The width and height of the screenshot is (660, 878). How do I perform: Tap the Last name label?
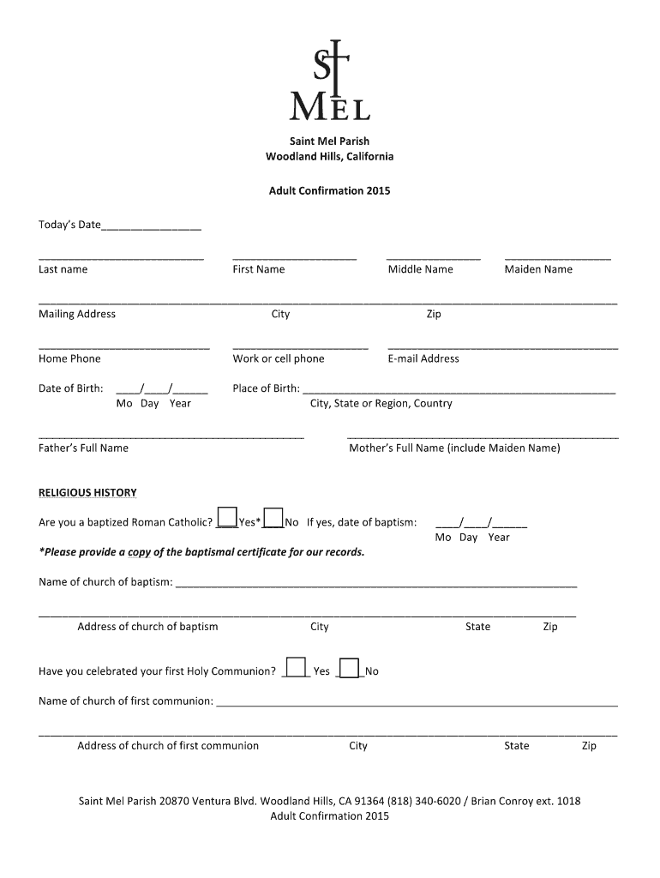click(x=63, y=269)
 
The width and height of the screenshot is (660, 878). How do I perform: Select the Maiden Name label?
click(x=538, y=269)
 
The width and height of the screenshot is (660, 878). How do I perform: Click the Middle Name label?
click(x=420, y=269)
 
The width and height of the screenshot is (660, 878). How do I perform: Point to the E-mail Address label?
click(x=423, y=358)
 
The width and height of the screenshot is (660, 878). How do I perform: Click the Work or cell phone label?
click(x=279, y=358)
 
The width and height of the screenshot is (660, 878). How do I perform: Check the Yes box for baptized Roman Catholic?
click(x=227, y=517)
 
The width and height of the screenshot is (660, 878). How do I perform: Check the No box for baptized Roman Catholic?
click(x=273, y=517)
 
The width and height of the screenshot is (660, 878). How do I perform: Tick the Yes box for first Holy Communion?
click(x=296, y=666)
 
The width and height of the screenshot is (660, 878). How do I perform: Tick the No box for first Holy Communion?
click(x=349, y=666)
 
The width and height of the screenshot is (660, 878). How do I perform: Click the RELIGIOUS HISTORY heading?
click(x=87, y=493)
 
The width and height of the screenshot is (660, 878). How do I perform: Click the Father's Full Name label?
click(x=83, y=448)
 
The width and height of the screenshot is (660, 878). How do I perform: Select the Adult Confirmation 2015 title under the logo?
click(x=329, y=191)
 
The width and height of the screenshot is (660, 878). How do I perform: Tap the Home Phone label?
click(x=69, y=358)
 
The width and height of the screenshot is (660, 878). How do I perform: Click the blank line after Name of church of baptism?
click(x=375, y=586)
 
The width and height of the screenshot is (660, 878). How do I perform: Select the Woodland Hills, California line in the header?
click(x=329, y=157)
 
